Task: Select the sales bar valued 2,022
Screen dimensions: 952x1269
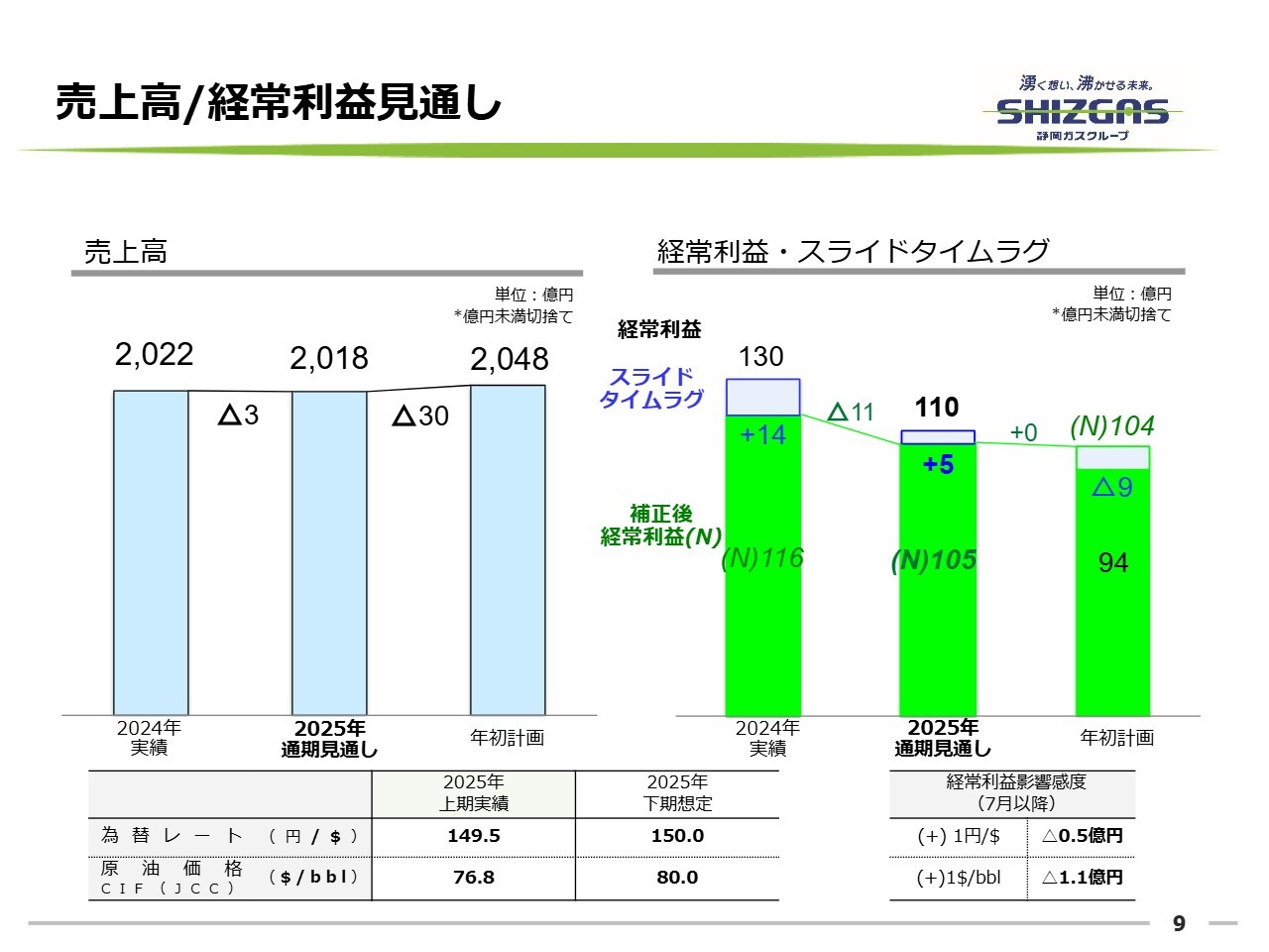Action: tap(151, 551)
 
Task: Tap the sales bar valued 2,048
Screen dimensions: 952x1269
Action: tap(508, 549)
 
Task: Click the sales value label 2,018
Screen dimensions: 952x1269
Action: tap(328, 358)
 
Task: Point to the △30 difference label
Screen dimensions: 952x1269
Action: tap(421, 416)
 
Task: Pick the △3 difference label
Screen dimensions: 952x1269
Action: tap(238, 415)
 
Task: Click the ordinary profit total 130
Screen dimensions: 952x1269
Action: tap(761, 357)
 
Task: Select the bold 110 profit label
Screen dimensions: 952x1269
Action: tap(936, 408)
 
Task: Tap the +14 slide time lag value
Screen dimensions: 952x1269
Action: tap(762, 434)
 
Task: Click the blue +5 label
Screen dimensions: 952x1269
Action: tap(938, 464)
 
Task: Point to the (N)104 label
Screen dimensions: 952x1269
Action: tap(1112, 426)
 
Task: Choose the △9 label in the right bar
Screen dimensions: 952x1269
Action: tap(1112, 486)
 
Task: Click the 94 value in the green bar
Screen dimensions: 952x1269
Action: tap(1113, 563)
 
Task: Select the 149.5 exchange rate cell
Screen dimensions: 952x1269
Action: tap(474, 836)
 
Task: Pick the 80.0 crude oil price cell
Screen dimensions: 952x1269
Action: tap(677, 878)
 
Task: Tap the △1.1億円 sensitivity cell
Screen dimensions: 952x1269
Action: tap(1083, 878)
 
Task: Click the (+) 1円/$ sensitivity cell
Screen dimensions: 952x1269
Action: tap(959, 836)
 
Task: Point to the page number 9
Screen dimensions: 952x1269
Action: tap(1179, 923)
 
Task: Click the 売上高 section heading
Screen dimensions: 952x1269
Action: tap(126, 252)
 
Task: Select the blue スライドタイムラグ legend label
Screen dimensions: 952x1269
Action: tap(651, 388)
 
